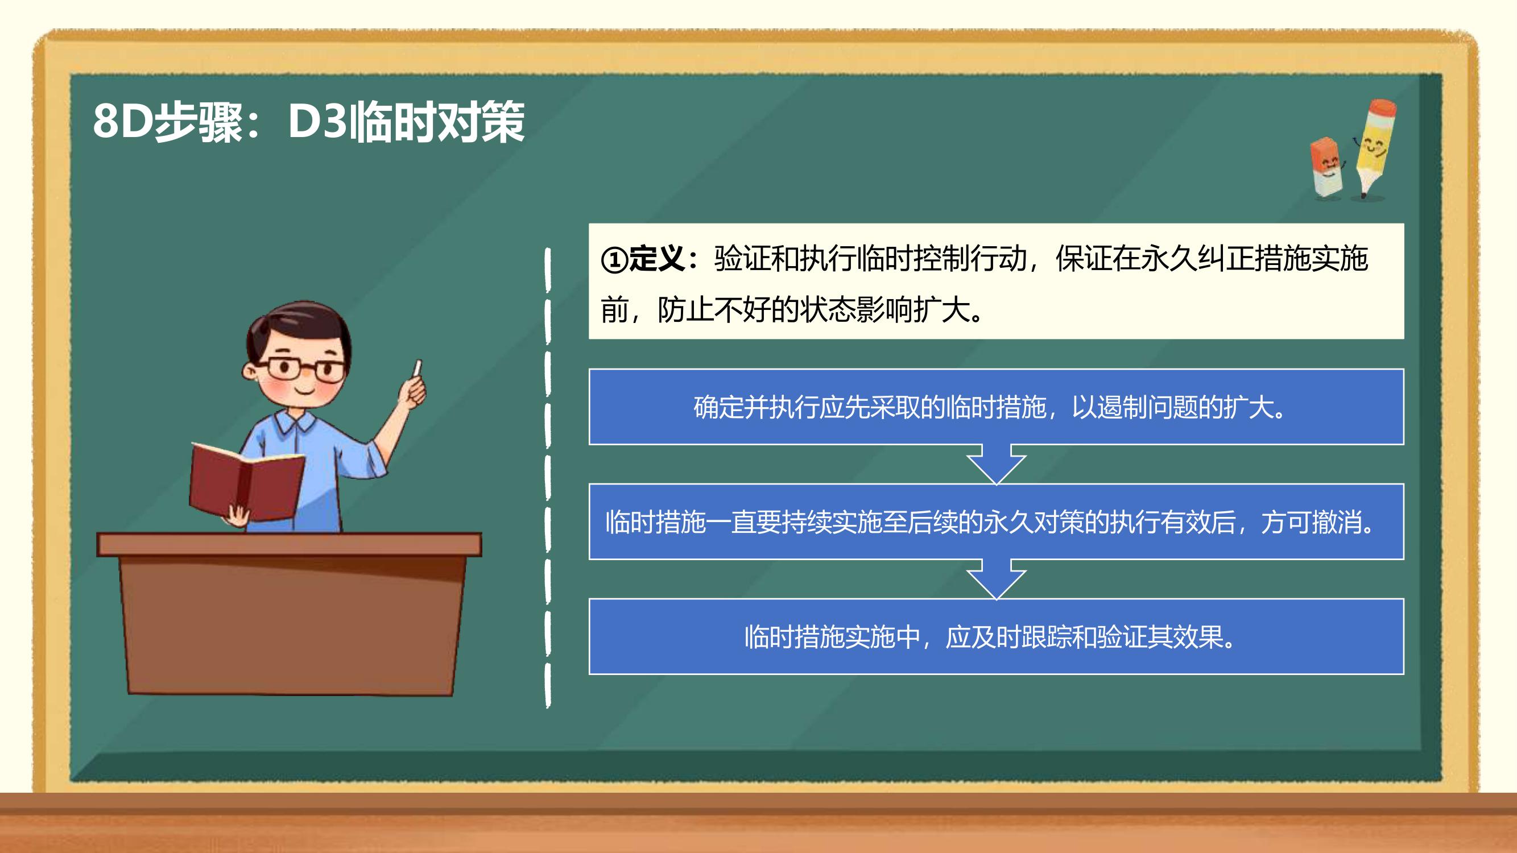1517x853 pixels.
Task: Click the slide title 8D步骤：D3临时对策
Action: click(x=309, y=122)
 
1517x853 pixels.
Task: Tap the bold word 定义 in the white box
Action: click(x=656, y=259)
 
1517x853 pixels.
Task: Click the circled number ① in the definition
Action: click(x=614, y=260)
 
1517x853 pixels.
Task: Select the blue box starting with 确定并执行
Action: click(x=997, y=407)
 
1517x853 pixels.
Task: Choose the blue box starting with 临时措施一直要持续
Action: click(x=997, y=521)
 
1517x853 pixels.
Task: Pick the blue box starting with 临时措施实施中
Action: click(x=997, y=636)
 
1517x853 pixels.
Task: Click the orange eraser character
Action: click(x=1327, y=168)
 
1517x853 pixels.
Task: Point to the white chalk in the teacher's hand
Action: click(x=418, y=369)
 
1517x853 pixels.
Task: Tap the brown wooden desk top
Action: click(x=289, y=545)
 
